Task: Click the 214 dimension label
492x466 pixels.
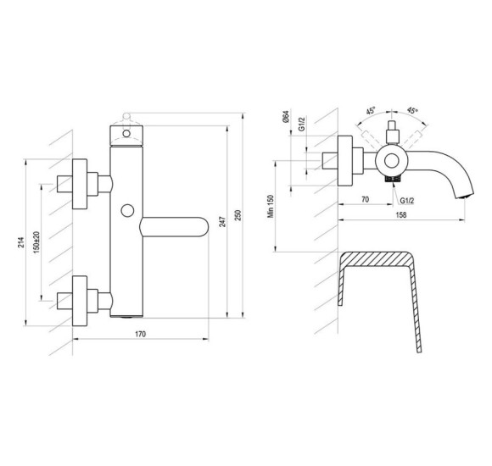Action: (x=20, y=242)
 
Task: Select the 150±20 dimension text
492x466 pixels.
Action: (x=36, y=242)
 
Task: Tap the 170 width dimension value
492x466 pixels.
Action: (x=140, y=334)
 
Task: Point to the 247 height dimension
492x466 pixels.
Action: (x=222, y=221)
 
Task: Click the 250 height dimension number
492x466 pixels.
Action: (x=238, y=215)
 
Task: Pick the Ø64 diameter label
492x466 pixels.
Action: (x=286, y=117)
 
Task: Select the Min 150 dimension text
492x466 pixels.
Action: (x=271, y=206)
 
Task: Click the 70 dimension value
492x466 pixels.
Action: (x=366, y=199)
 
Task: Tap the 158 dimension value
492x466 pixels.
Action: (x=401, y=215)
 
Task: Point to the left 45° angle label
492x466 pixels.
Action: (x=371, y=111)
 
